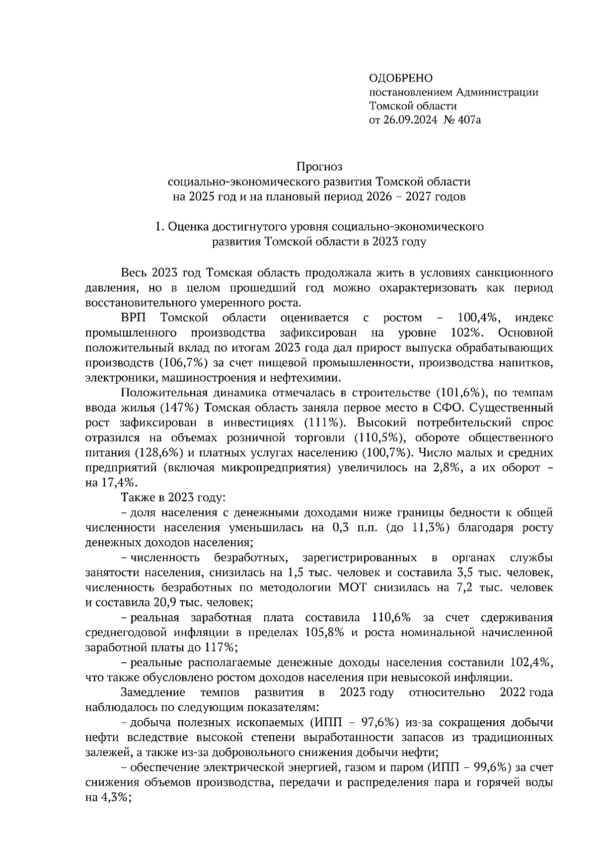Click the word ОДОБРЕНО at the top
click(401, 78)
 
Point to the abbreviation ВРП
click(134, 318)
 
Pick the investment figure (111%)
click(324, 423)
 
